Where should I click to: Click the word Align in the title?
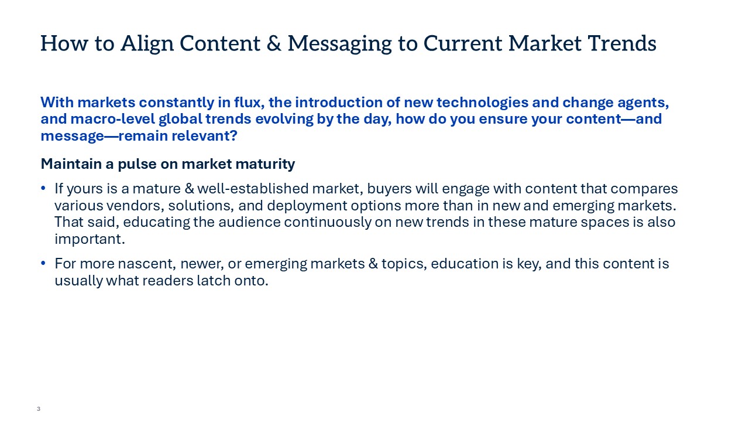[x=147, y=44]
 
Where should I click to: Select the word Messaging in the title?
[x=339, y=44]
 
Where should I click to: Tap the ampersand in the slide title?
[x=274, y=43]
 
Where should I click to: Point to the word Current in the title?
[x=462, y=43]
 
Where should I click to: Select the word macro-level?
[x=113, y=119]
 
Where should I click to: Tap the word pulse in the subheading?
[x=137, y=165]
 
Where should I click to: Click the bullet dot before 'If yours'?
[x=43, y=188]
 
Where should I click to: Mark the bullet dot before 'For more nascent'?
[x=43, y=263]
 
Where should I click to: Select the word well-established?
[x=253, y=189]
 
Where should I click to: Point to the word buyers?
[x=389, y=189]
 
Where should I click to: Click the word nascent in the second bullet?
[x=147, y=264]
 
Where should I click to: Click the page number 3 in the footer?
[x=39, y=409]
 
